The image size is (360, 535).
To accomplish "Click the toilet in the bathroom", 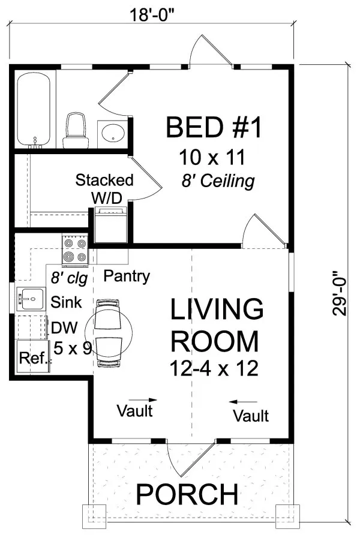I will coord(76,128).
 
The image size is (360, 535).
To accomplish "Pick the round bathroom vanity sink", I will coord(111,133).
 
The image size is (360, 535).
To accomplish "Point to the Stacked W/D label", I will coord(105,188).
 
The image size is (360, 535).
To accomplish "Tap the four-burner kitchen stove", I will coord(76,251).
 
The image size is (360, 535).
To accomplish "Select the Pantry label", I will coord(127,276).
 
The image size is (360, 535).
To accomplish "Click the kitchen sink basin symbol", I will coord(29,297).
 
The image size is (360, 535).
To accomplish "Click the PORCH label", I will coord(187,495).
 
